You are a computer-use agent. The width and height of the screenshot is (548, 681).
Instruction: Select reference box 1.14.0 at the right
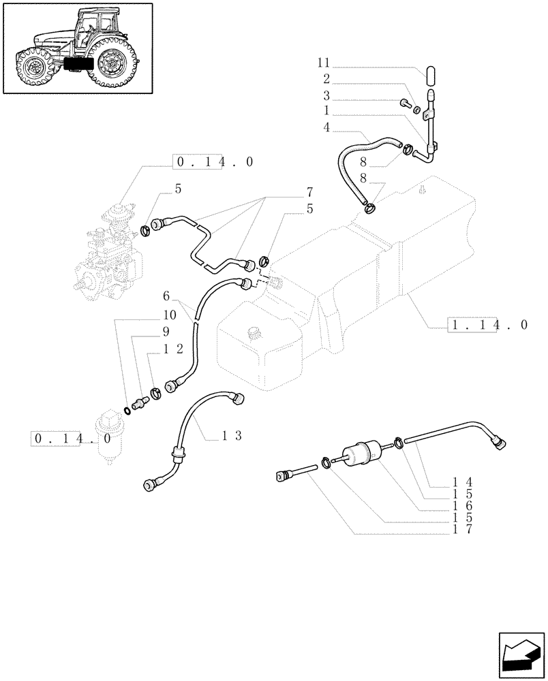click(x=488, y=325)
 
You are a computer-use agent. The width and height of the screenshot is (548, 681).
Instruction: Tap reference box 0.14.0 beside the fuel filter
click(x=72, y=438)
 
